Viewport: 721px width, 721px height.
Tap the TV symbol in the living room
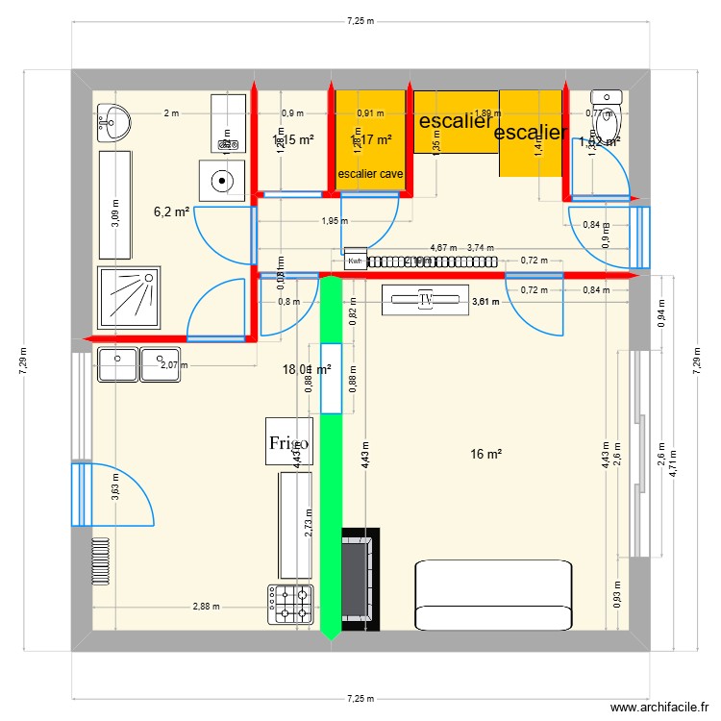coord(425,300)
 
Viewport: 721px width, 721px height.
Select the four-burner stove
coord(292,604)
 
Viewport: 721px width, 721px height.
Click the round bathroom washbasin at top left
coord(114,121)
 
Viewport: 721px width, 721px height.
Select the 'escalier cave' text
coord(370,174)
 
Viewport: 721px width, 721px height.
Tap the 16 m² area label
coord(486,454)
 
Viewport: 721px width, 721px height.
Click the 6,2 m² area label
coord(173,211)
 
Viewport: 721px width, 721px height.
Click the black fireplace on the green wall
coord(361,578)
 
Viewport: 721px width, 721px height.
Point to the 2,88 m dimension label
coord(206,607)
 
